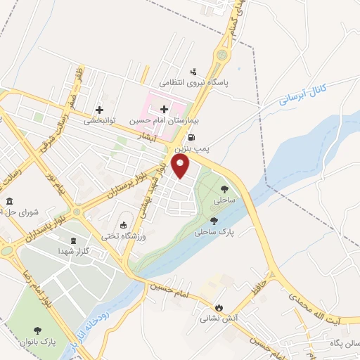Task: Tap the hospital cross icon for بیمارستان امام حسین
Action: (165, 109)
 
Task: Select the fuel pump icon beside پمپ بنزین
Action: (194, 139)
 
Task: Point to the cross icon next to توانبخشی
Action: (100, 110)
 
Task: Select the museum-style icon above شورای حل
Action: (9, 202)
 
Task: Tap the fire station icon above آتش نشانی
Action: (219, 307)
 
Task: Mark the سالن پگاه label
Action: (342, 343)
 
